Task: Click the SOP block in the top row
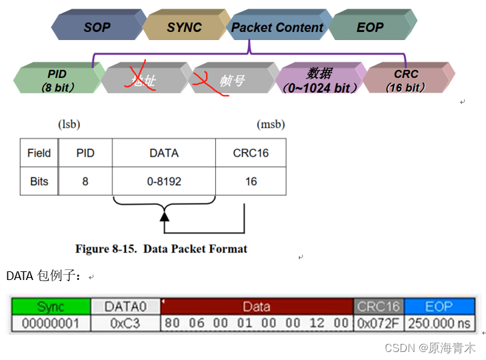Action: pyautogui.click(x=97, y=27)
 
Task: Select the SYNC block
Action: pyautogui.click(x=184, y=27)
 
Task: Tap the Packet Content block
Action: pyautogui.click(x=277, y=27)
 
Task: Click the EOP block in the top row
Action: pyautogui.click(x=370, y=27)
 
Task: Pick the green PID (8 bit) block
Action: pyautogui.click(x=57, y=79)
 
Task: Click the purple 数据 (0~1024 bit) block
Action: pyautogui.click(x=319, y=79)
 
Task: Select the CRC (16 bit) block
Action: pyautogui.click(x=406, y=79)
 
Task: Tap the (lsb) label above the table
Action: pyautogui.click(x=69, y=124)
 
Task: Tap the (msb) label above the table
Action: pyautogui.click(x=271, y=124)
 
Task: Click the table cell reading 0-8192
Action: pyautogui.click(x=164, y=181)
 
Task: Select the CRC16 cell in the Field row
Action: pyautogui.click(x=251, y=153)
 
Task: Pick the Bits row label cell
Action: pyautogui.click(x=39, y=181)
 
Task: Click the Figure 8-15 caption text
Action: pyautogui.click(x=161, y=249)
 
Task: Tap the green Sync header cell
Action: pyautogui.click(x=51, y=307)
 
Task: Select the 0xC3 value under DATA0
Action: pyautogui.click(x=125, y=324)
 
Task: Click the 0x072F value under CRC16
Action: pyautogui.click(x=378, y=324)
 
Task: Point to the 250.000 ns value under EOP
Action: pyautogui.click(x=439, y=324)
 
